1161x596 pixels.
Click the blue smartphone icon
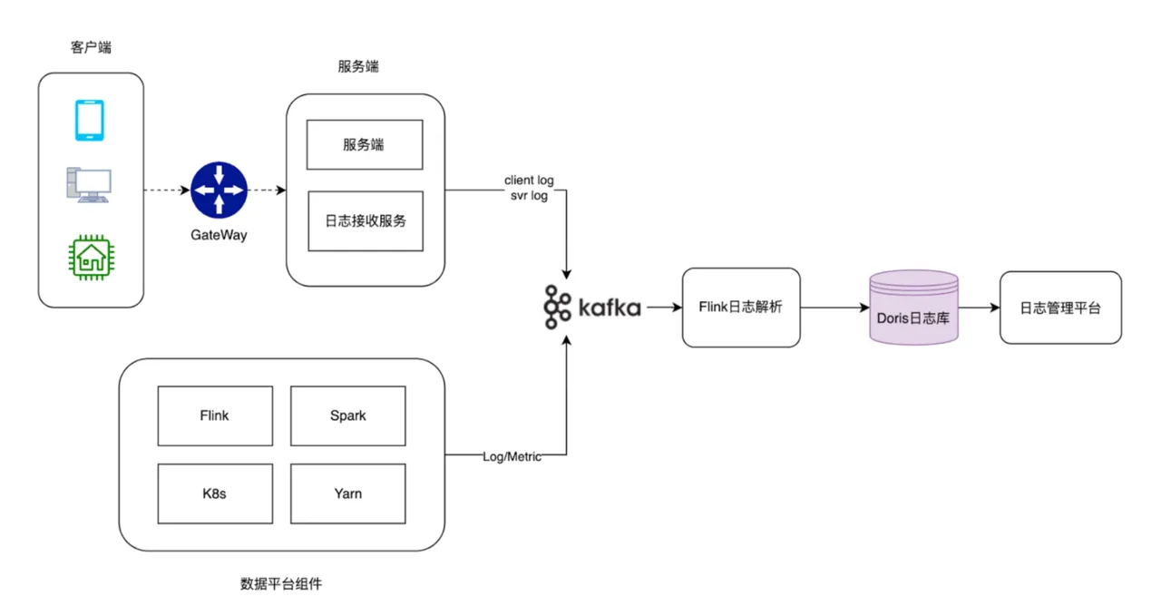[x=89, y=121]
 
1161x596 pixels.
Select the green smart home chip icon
[x=90, y=256]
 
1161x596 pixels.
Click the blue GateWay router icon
[x=219, y=191]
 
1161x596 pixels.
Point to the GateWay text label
[x=219, y=235]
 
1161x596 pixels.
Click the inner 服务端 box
[x=365, y=144]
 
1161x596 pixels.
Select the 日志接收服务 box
[x=365, y=220]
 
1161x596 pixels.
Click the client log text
[x=529, y=181]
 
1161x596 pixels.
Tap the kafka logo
[x=591, y=307]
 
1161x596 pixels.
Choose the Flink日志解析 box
[x=741, y=308]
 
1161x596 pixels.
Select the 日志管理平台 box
[x=1060, y=308]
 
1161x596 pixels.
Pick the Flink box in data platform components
[x=215, y=415]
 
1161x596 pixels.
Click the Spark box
[x=347, y=415]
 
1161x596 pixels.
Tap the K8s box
[x=215, y=493]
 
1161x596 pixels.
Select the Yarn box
[x=347, y=493]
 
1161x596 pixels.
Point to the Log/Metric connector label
[x=512, y=456]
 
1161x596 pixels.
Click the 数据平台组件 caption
[x=281, y=583]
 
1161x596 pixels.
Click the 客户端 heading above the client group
[x=91, y=47]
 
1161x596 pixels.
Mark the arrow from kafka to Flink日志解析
[x=664, y=308]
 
